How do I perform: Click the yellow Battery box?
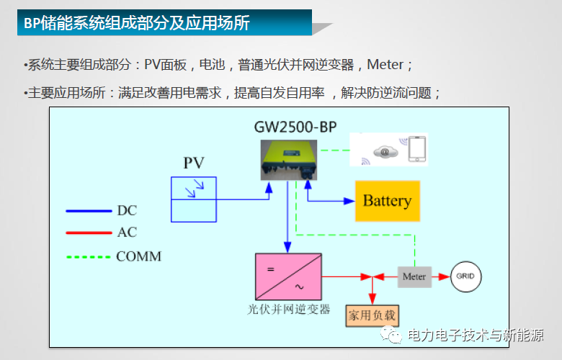click(x=387, y=201)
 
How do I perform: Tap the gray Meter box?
click(x=414, y=276)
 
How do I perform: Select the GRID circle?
click(x=465, y=276)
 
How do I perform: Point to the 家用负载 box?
click(x=372, y=315)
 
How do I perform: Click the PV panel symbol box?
click(x=194, y=199)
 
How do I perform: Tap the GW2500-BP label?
click(x=295, y=127)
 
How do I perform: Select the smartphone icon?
click(x=417, y=150)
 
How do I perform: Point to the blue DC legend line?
click(x=86, y=211)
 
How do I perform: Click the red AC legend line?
click(x=86, y=233)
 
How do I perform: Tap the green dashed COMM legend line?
click(x=86, y=256)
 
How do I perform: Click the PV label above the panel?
click(x=193, y=163)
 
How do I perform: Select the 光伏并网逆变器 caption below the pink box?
click(x=288, y=309)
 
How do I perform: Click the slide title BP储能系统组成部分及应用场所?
click(x=137, y=23)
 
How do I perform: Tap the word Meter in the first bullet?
click(x=385, y=65)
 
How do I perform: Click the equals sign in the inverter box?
click(x=271, y=269)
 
